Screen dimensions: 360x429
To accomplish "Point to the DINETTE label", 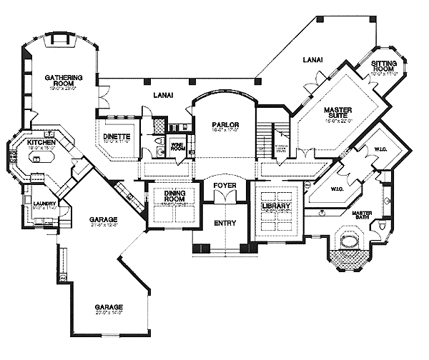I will point(115,136).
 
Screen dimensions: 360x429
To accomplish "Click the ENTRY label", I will point(225,223).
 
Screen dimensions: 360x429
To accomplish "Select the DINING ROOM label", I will point(173,194).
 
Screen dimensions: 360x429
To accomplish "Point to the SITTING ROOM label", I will point(384,66).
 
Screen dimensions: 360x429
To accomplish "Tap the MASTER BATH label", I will point(368,216).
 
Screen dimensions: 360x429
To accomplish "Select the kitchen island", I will point(39,156).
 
